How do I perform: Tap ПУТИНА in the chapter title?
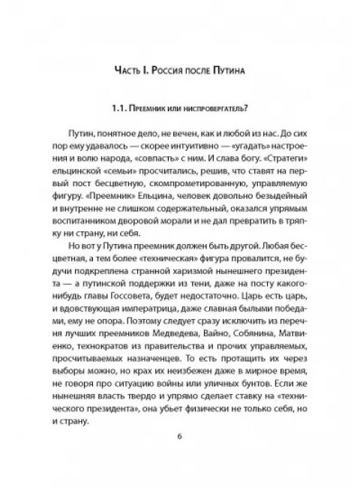pos(232,72)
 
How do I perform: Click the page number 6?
pos(179,458)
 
